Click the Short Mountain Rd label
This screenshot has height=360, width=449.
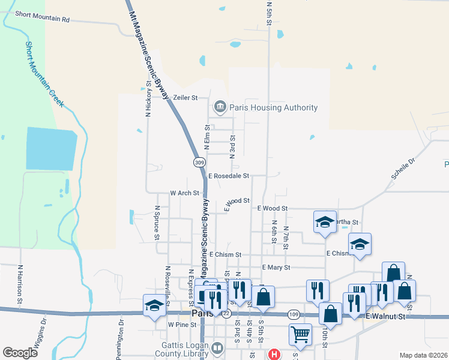(43, 16)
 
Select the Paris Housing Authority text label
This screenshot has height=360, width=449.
(277, 107)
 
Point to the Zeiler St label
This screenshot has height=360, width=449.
(185, 97)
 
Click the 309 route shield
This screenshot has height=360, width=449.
(200, 163)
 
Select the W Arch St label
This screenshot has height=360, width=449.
(184, 193)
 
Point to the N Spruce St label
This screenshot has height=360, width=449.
(157, 223)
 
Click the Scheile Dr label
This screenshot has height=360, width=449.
(403, 169)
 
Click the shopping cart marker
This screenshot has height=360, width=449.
(300, 335)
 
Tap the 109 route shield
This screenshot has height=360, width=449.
(294, 314)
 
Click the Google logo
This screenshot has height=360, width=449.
(20, 353)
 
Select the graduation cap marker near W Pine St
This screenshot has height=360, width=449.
(154, 306)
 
